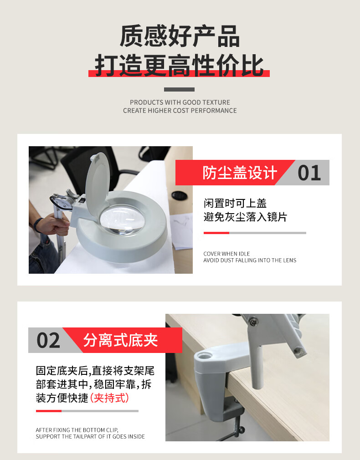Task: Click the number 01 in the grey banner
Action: pyautogui.click(x=309, y=173)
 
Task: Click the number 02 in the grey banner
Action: pyautogui.click(x=48, y=340)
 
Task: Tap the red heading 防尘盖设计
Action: pyautogui.click(x=240, y=173)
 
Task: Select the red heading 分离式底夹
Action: pyautogui.click(x=120, y=340)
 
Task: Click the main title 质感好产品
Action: pyautogui.click(x=180, y=36)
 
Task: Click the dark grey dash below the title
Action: pyautogui.click(x=179, y=89)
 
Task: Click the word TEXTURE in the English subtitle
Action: pyautogui.click(x=216, y=102)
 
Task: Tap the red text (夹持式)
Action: pyautogui.click(x=109, y=398)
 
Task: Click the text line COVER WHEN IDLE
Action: pyautogui.click(x=226, y=254)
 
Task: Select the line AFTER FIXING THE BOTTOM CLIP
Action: pyautogui.click(x=77, y=430)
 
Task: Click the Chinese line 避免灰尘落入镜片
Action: pyautogui.click(x=246, y=217)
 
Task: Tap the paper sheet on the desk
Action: pyautogui.click(x=182, y=232)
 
